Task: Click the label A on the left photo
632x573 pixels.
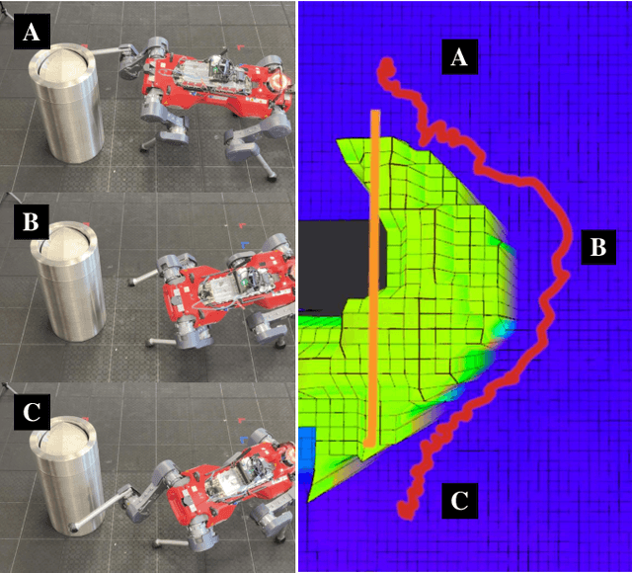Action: pos(32,34)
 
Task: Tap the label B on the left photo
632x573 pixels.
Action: pos(32,221)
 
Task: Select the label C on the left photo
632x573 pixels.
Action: pos(32,412)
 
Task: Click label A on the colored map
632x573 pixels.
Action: pos(457,58)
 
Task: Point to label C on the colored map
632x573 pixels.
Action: pos(457,501)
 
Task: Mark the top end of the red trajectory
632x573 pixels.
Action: pos(386,65)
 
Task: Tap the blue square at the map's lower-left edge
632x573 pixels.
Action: pos(307,446)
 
